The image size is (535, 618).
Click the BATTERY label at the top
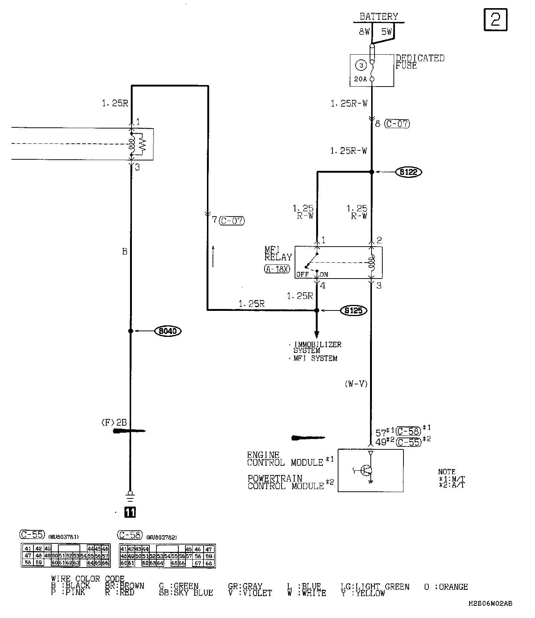379,16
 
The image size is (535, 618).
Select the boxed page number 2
496,19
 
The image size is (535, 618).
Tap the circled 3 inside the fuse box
361,65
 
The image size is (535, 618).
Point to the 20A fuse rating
360,79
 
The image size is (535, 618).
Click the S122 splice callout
409,172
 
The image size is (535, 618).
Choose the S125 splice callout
353,310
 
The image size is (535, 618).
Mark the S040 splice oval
168,331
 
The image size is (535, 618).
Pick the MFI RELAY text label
278,253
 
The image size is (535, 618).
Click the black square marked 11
130,513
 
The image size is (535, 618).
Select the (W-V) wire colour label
356,384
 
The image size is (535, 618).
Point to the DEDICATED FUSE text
419,62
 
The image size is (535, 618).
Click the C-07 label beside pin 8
397,124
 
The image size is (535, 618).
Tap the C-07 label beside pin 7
232,221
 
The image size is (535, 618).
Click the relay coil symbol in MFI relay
370,262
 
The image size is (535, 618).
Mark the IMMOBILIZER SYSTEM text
317,347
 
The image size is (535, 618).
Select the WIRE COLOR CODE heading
88,579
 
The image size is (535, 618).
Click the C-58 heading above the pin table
130,535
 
